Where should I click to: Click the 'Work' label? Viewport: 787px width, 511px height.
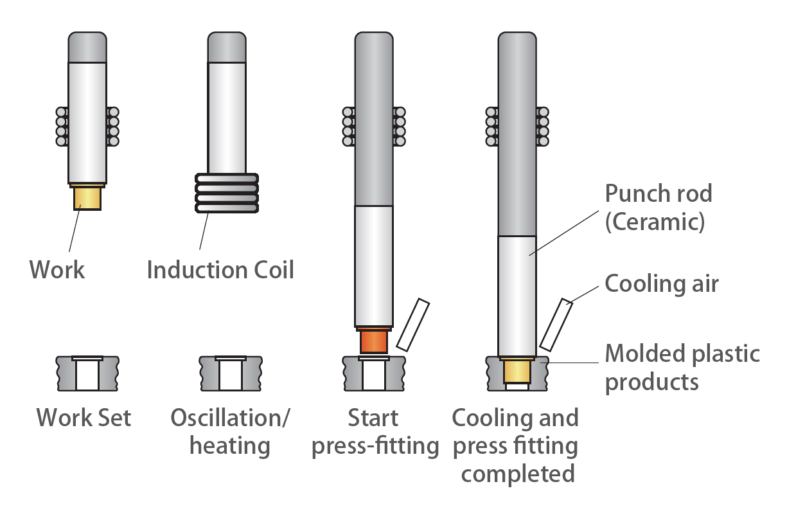(57, 269)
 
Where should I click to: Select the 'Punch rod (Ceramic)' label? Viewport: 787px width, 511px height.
(659, 207)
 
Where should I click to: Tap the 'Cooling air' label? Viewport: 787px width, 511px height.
(662, 283)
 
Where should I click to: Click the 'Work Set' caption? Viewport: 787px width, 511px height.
(84, 418)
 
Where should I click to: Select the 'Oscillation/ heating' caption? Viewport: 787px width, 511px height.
(230, 431)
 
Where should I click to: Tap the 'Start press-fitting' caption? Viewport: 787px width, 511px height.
(375, 431)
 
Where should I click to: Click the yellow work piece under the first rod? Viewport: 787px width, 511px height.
(87, 197)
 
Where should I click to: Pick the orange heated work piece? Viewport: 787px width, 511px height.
(373, 341)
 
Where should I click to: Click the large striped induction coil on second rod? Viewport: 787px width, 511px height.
(227, 193)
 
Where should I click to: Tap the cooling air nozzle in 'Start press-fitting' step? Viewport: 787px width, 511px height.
(413, 325)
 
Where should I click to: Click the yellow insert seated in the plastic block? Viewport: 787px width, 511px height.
(517, 372)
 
